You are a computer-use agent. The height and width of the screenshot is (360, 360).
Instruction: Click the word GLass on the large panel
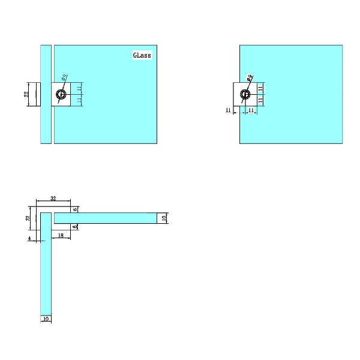(142, 55)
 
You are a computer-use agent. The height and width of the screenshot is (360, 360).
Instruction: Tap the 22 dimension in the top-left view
(26, 95)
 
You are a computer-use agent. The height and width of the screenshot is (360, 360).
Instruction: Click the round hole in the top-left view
(61, 95)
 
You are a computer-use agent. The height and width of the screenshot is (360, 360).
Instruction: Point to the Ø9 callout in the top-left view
(65, 77)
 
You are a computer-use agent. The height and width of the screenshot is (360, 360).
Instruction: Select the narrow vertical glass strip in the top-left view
(46, 94)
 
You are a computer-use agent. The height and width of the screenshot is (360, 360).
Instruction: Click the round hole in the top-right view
(245, 94)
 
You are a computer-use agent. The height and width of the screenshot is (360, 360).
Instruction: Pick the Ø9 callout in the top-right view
(250, 77)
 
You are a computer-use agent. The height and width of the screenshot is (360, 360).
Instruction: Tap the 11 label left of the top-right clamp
(228, 110)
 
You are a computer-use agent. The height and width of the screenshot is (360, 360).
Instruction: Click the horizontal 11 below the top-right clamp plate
(251, 110)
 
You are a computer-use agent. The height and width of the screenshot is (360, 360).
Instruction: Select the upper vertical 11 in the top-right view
(260, 88)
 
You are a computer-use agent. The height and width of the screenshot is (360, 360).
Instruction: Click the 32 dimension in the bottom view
(53, 199)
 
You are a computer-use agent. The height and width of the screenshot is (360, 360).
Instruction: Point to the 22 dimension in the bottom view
(27, 218)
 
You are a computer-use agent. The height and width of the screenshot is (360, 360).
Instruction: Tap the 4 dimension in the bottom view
(29, 239)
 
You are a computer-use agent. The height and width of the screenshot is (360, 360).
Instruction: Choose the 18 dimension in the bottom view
(61, 236)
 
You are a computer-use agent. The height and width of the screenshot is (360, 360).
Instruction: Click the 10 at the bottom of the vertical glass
(46, 319)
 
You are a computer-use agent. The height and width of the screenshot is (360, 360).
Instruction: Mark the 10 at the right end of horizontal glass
(163, 218)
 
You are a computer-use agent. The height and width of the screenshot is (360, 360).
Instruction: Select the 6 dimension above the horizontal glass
(75, 209)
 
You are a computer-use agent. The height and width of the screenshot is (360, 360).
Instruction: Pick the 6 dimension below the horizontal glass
(75, 227)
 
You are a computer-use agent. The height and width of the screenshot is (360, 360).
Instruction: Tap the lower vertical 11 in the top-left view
(79, 101)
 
